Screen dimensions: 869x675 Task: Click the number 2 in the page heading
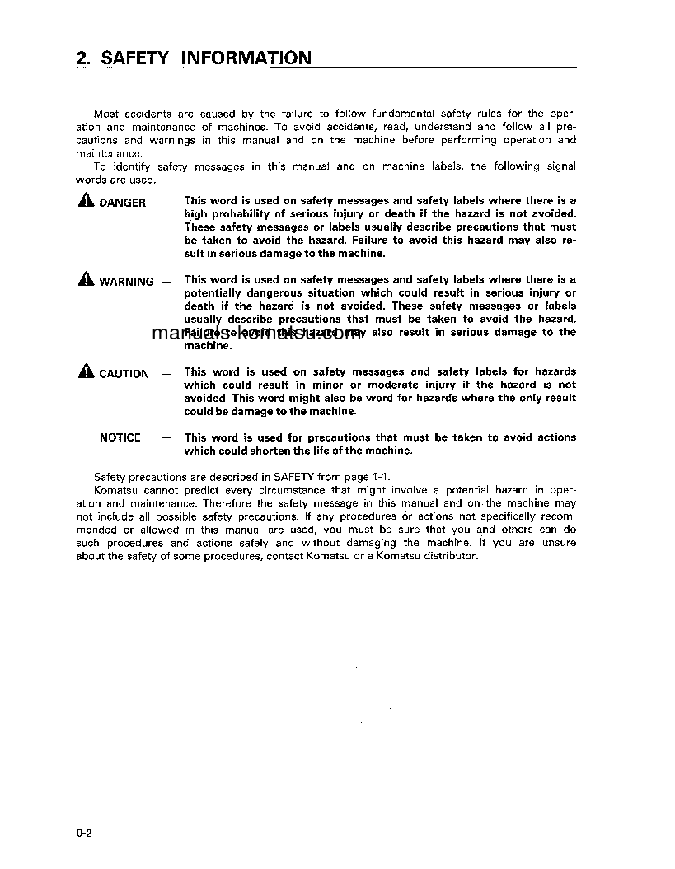(x=81, y=58)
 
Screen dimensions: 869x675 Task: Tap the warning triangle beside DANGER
(x=87, y=201)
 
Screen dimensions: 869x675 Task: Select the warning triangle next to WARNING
(x=87, y=280)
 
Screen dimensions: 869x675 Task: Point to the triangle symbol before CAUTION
(x=87, y=372)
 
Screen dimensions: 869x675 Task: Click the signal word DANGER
(x=123, y=203)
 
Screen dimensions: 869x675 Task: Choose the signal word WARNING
(x=126, y=282)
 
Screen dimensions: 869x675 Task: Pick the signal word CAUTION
(x=124, y=374)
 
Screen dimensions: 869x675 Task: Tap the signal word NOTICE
(x=120, y=437)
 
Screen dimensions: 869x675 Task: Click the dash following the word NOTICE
(x=166, y=437)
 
